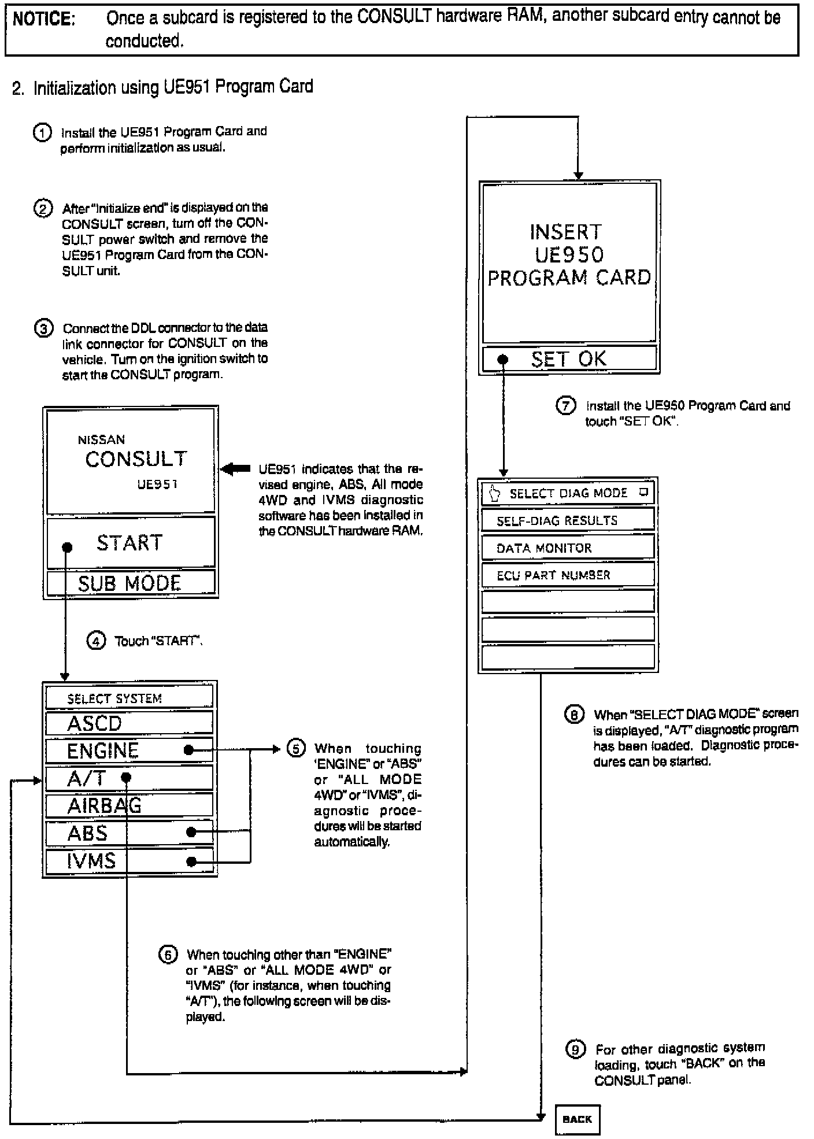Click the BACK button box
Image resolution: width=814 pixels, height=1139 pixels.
click(x=577, y=1119)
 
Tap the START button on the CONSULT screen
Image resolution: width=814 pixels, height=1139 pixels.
click(x=130, y=542)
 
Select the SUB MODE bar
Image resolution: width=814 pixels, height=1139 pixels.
click(x=130, y=583)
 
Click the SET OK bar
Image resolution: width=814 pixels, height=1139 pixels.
click(x=569, y=358)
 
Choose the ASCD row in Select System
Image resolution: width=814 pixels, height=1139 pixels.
click(x=129, y=723)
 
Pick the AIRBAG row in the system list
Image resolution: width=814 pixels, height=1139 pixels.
click(x=129, y=805)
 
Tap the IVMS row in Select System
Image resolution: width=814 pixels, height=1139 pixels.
click(x=129, y=861)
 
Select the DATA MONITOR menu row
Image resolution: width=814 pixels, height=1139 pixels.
click(x=567, y=548)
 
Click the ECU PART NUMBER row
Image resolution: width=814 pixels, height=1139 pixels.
click(x=567, y=575)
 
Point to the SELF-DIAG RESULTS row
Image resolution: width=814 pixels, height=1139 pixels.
click(x=567, y=520)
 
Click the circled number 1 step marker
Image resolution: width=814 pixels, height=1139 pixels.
click(x=42, y=132)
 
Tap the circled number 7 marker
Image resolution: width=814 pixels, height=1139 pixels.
click(x=565, y=405)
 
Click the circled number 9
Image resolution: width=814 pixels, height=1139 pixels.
click(x=575, y=1049)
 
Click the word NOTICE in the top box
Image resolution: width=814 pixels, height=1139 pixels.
click(x=44, y=19)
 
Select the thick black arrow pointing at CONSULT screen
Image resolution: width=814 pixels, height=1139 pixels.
click(x=235, y=469)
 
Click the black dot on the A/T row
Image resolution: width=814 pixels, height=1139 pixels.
click(x=127, y=778)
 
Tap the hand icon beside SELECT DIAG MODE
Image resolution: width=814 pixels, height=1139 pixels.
click(x=494, y=493)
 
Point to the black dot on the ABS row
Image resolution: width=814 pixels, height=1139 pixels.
click(x=191, y=833)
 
